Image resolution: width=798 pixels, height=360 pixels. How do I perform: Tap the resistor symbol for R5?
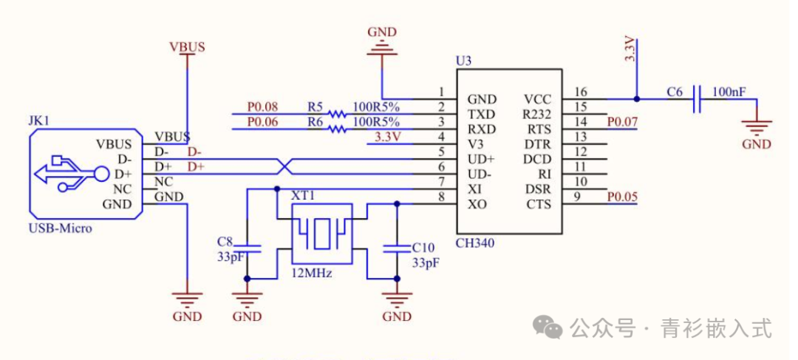click(x=337, y=115)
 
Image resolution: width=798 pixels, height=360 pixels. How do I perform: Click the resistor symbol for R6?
click(x=337, y=129)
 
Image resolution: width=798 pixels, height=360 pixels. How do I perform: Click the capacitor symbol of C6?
click(x=695, y=99)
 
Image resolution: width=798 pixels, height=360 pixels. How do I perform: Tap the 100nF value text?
click(x=729, y=92)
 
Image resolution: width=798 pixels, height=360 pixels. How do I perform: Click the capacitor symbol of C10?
click(x=397, y=248)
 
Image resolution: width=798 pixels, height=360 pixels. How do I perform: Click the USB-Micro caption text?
click(x=61, y=228)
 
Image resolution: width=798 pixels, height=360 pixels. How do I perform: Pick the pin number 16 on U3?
click(x=581, y=92)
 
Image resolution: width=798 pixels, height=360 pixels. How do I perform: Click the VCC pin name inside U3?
click(x=537, y=99)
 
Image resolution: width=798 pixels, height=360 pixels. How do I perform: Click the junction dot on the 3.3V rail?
click(x=635, y=98)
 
